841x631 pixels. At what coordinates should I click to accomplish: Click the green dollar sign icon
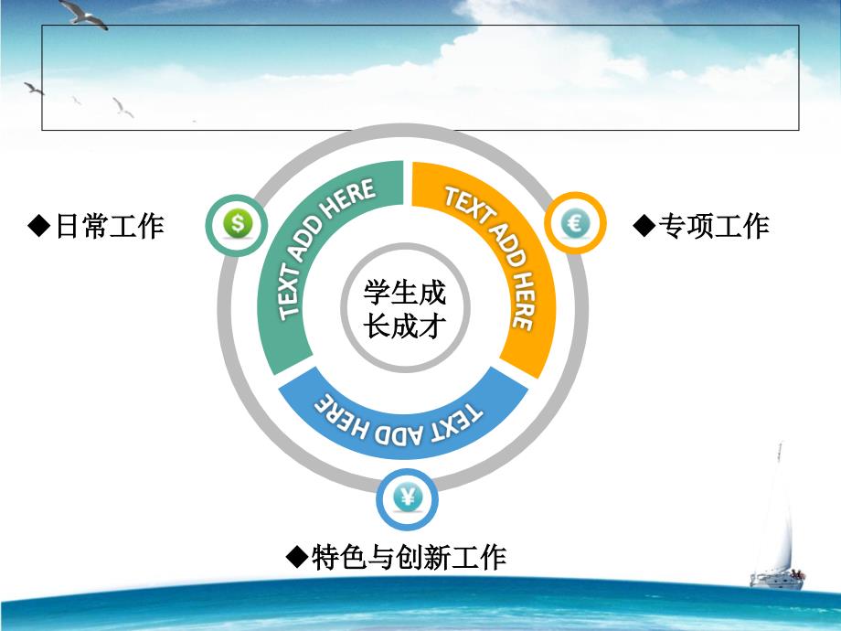[x=237, y=223]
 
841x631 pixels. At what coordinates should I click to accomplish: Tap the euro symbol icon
[x=576, y=222]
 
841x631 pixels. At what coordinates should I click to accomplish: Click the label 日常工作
[x=110, y=226]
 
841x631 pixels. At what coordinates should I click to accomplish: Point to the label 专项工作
[x=715, y=225]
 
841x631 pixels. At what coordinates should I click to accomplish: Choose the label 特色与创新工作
[x=409, y=557]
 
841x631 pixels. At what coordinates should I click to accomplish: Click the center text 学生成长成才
[x=405, y=308]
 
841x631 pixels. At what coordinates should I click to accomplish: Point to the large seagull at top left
[x=83, y=14]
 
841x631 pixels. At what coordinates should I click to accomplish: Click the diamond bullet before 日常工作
[x=39, y=226]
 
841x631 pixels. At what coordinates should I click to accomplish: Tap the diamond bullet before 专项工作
[x=644, y=225]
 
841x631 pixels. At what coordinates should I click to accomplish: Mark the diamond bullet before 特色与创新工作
[x=297, y=557]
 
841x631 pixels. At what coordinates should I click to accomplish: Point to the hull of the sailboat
[x=777, y=581]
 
